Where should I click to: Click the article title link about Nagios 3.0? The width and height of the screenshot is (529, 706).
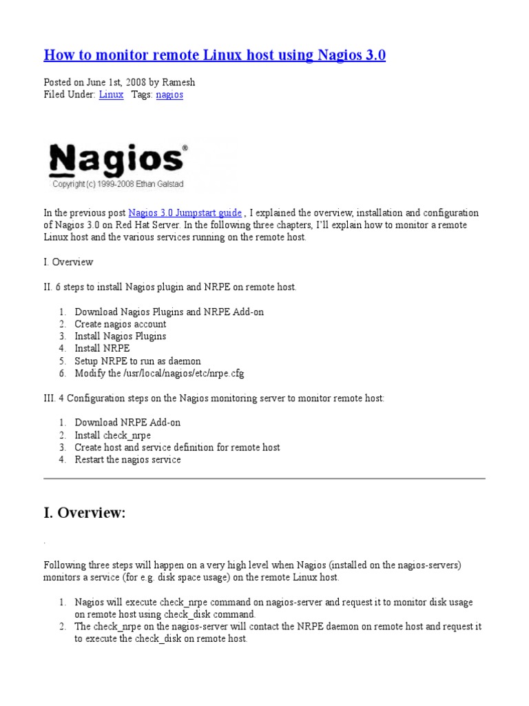[214, 55]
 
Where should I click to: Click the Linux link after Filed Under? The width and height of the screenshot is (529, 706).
[111, 94]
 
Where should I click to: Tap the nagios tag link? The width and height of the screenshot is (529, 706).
[169, 94]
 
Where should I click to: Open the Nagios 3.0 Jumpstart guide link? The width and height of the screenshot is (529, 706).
[185, 213]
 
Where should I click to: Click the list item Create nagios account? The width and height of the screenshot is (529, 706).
[121, 324]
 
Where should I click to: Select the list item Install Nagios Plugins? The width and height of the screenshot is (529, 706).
[121, 336]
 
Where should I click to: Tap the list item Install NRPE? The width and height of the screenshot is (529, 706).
[102, 349]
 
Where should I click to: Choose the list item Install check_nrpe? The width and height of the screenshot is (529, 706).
[113, 435]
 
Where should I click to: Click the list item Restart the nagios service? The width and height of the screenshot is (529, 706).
[127, 460]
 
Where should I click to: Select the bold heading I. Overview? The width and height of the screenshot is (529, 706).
[85, 513]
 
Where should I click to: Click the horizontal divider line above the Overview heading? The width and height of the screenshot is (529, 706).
[264, 478]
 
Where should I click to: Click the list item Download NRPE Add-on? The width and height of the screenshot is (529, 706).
[127, 423]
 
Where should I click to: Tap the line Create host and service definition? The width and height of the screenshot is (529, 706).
[177, 447]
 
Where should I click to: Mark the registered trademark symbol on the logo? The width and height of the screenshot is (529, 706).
[184, 148]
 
